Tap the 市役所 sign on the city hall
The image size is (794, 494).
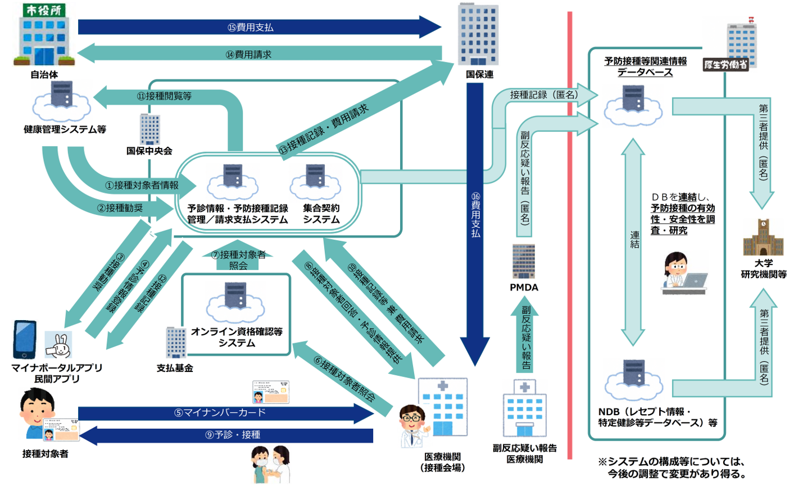tap(44, 10)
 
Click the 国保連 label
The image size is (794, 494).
tap(479, 74)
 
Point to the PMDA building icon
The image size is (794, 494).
tap(524, 261)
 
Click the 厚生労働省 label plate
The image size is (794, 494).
tap(725, 65)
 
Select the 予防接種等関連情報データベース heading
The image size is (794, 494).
tap(645, 66)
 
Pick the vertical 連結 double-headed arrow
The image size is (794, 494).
tap(634, 242)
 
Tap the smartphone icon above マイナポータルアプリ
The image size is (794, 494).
tap(25, 339)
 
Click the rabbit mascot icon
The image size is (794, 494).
tap(58, 345)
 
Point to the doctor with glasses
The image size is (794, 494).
tap(412, 426)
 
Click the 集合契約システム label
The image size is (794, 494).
tap(321, 214)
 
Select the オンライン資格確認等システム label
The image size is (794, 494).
tap(237, 337)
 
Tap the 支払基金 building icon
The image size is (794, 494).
tap(175, 342)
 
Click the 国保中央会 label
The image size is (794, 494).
tap(149, 151)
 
